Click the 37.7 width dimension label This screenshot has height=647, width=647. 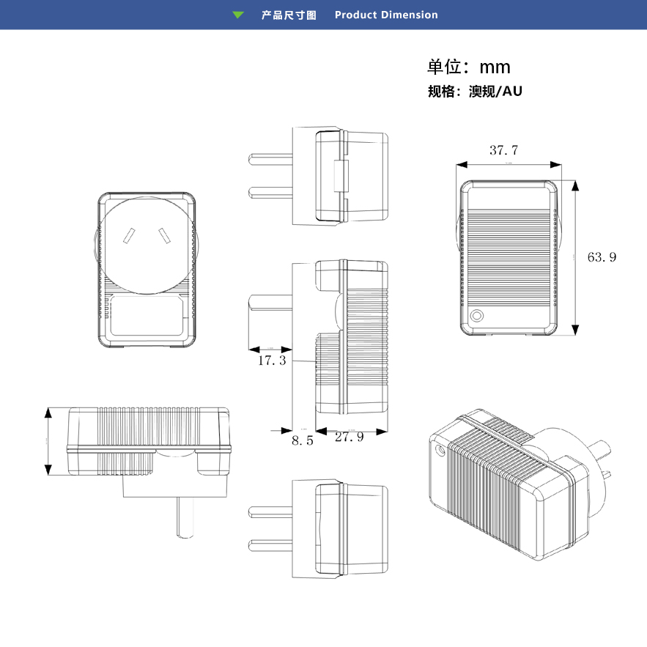click(503, 150)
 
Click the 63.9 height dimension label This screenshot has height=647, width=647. click(602, 256)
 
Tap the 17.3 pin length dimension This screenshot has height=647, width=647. click(271, 361)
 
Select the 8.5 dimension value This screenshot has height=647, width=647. click(302, 440)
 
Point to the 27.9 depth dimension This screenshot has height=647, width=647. click(350, 437)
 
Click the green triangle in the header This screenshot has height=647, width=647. click(238, 15)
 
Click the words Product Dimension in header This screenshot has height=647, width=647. click(386, 15)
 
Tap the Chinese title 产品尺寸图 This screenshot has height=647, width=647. click(289, 15)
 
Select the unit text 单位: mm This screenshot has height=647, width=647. click(469, 67)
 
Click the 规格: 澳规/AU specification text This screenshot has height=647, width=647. click(475, 92)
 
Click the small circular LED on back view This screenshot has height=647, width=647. click(477, 317)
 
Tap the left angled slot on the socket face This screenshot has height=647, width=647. click(129, 236)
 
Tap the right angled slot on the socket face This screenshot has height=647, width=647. click(164, 236)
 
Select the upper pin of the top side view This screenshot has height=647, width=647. click(271, 158)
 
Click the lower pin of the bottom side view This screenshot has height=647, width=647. click(271, 544)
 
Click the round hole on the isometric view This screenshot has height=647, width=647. click(440, 451)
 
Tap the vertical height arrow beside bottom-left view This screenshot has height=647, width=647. click(49, 442)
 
